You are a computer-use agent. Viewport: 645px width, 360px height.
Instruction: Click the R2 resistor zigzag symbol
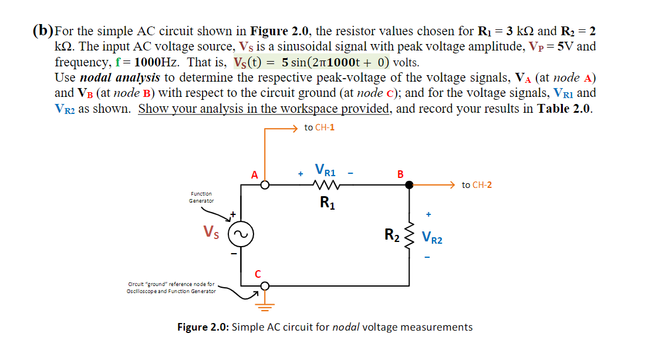410,236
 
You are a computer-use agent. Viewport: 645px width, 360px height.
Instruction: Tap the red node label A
254,174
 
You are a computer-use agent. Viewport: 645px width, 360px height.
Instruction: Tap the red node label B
400,174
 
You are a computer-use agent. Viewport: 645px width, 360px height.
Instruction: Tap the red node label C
258,273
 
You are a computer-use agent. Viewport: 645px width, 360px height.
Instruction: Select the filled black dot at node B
410,185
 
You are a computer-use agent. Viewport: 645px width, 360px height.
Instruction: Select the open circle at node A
265,185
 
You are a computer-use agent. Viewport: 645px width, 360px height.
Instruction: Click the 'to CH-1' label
320,127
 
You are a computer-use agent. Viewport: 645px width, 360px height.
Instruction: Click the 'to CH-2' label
477,185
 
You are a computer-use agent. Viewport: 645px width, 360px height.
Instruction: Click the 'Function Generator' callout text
201,197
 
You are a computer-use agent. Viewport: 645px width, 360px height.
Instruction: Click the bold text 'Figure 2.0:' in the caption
203,327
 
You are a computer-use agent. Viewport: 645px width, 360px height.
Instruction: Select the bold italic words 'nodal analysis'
120,78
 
